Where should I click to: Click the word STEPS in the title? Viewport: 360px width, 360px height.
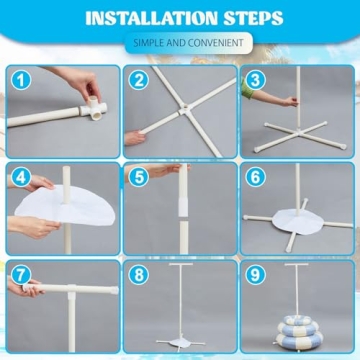(x=248, y=17)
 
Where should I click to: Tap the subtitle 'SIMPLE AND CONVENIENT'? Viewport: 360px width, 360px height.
(x=181, y=42)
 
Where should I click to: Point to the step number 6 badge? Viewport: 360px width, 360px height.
(x=256, y=179)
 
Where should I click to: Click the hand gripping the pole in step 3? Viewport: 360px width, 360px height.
(x=289, y=100)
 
